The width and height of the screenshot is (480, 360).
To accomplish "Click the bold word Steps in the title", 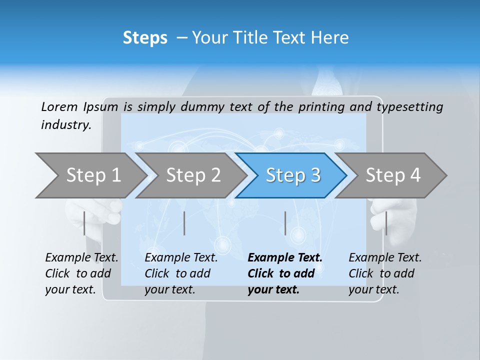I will (x=145, y=38).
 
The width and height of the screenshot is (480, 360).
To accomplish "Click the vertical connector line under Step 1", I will (x=84, y=223).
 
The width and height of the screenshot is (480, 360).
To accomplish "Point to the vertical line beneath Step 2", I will (x=184, y=223).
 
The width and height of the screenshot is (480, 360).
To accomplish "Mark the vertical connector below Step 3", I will (x=285, y=223).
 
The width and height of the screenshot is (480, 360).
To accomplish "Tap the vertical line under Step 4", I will (x=386, y=223).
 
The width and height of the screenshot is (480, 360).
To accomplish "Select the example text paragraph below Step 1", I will (x=81, y=273).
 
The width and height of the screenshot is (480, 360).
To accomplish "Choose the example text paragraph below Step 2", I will (x=181, y=273).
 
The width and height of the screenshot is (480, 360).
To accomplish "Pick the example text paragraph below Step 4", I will (x=385, y=273).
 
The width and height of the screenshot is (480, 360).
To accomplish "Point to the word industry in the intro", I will (x=65, y=125).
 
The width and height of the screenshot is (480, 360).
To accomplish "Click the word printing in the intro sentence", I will (x=321, y=106).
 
